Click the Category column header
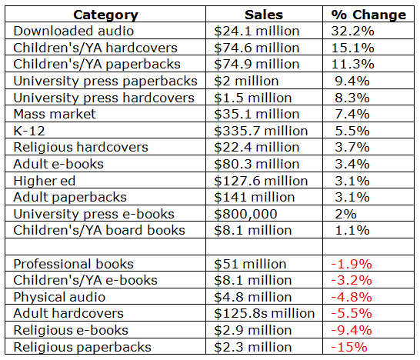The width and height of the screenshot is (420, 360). click(x=106, y=15)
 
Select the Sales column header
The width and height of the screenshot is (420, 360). click(x=264, y=15)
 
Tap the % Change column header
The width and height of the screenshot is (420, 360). click(x=368, y=15)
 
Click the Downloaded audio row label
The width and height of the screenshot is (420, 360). click(x=74, y=31)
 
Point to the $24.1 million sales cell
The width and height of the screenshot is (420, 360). click(x=257, y=31)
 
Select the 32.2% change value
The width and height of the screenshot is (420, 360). click(x=352, y=31)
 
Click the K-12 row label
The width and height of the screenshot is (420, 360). click(x=29, y=131)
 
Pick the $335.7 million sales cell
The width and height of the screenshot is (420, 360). click(x=261, y=131)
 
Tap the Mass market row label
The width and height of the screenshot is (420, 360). click(x=55, y=114)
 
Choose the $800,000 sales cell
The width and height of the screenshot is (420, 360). click(x=245, y=215)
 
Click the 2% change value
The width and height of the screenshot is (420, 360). click(x=345, y=214)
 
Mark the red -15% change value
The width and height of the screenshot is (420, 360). click(x=349, y=347)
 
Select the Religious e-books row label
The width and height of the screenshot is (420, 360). click(x=71, y=330)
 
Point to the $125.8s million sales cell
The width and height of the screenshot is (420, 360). click(x=265, y=313)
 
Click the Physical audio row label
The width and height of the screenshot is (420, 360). click(x=59, y=297)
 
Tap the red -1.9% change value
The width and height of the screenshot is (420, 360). click(x=352, y=264)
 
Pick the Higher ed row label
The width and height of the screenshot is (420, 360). click(x=45, y=181)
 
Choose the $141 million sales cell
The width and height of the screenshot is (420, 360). click(x=255, y=198)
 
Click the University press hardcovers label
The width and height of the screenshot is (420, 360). click(x=104, y=98)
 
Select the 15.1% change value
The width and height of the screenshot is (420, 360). click(x=352, y=48)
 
